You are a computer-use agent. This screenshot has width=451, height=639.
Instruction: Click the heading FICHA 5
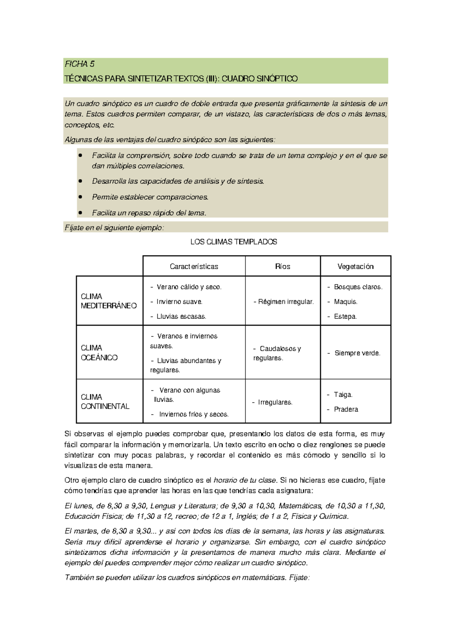79,64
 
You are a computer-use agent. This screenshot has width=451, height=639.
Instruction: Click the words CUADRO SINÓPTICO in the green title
259,79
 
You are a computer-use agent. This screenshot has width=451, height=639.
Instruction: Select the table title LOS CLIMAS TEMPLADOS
233,242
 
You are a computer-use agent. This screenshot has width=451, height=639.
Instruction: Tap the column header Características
194,266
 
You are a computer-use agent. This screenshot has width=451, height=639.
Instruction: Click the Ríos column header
283,266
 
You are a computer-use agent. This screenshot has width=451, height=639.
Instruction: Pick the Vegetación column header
355,266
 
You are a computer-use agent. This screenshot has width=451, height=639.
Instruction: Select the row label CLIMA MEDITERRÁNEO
108,301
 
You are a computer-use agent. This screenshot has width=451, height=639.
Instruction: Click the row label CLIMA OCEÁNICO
99,353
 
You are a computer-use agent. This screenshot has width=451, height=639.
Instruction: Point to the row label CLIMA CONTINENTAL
105,402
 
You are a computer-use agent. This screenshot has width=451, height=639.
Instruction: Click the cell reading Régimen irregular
284,302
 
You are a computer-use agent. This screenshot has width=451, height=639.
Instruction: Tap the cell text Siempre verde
357,353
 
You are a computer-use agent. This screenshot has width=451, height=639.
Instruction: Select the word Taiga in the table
343,394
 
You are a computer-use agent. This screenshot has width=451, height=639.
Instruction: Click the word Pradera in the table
346,409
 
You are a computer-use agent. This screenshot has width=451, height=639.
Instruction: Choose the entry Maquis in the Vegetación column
345,302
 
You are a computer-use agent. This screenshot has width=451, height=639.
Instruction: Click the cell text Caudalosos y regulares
277,353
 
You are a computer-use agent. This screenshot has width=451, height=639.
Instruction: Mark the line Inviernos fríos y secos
194,414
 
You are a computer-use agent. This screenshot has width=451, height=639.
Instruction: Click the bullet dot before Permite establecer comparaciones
80,197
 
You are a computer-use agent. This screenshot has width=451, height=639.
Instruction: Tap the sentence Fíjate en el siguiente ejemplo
114,228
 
